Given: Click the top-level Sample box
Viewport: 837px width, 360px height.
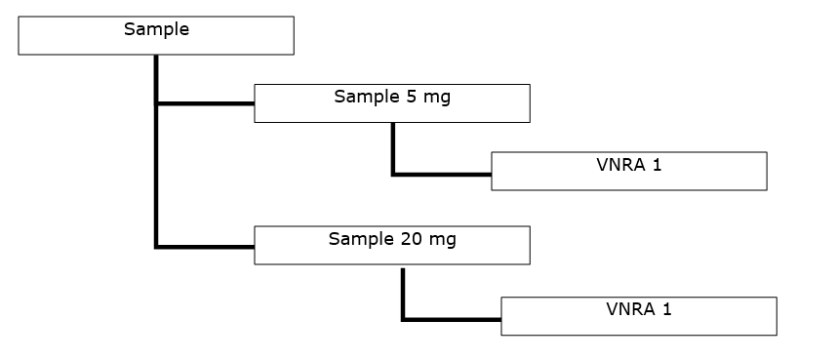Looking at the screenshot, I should [x=156, y=35].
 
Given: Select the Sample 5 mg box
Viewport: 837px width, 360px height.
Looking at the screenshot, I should [x=391, y=103].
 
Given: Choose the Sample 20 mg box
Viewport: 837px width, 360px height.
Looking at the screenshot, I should [x=391, y=246].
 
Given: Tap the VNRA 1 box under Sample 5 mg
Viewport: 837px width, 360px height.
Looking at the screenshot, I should [x=628, y=172].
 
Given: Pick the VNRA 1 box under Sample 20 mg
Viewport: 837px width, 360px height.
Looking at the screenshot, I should [x=638, y=316].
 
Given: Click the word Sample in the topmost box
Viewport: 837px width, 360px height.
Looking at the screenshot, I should [x=156, y=29].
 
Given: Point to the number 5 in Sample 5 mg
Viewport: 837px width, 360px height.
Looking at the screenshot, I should [x=410, y=97].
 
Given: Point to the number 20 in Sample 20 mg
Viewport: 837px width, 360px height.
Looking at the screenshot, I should [x=412, y=239].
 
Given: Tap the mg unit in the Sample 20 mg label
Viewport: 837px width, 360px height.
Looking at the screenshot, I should [x=442, y=240].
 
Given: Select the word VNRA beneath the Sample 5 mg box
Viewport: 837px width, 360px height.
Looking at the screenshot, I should [x=617, y=165].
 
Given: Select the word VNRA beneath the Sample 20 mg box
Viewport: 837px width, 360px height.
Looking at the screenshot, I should [x=627, y=310].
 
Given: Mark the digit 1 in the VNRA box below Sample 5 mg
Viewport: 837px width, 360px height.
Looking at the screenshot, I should [x=657, y=165].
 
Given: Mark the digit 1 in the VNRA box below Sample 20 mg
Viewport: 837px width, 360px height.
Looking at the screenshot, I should [x=666, y=310].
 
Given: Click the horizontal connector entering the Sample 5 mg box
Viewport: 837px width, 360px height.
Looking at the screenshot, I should [x=205, y=102].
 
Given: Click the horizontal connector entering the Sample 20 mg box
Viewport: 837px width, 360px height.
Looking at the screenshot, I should [x=205, y=247].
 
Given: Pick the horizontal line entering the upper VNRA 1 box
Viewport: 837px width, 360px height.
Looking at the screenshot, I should [x=442, y=175].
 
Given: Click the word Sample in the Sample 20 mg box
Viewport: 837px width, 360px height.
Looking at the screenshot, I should [x=361, y=239].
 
